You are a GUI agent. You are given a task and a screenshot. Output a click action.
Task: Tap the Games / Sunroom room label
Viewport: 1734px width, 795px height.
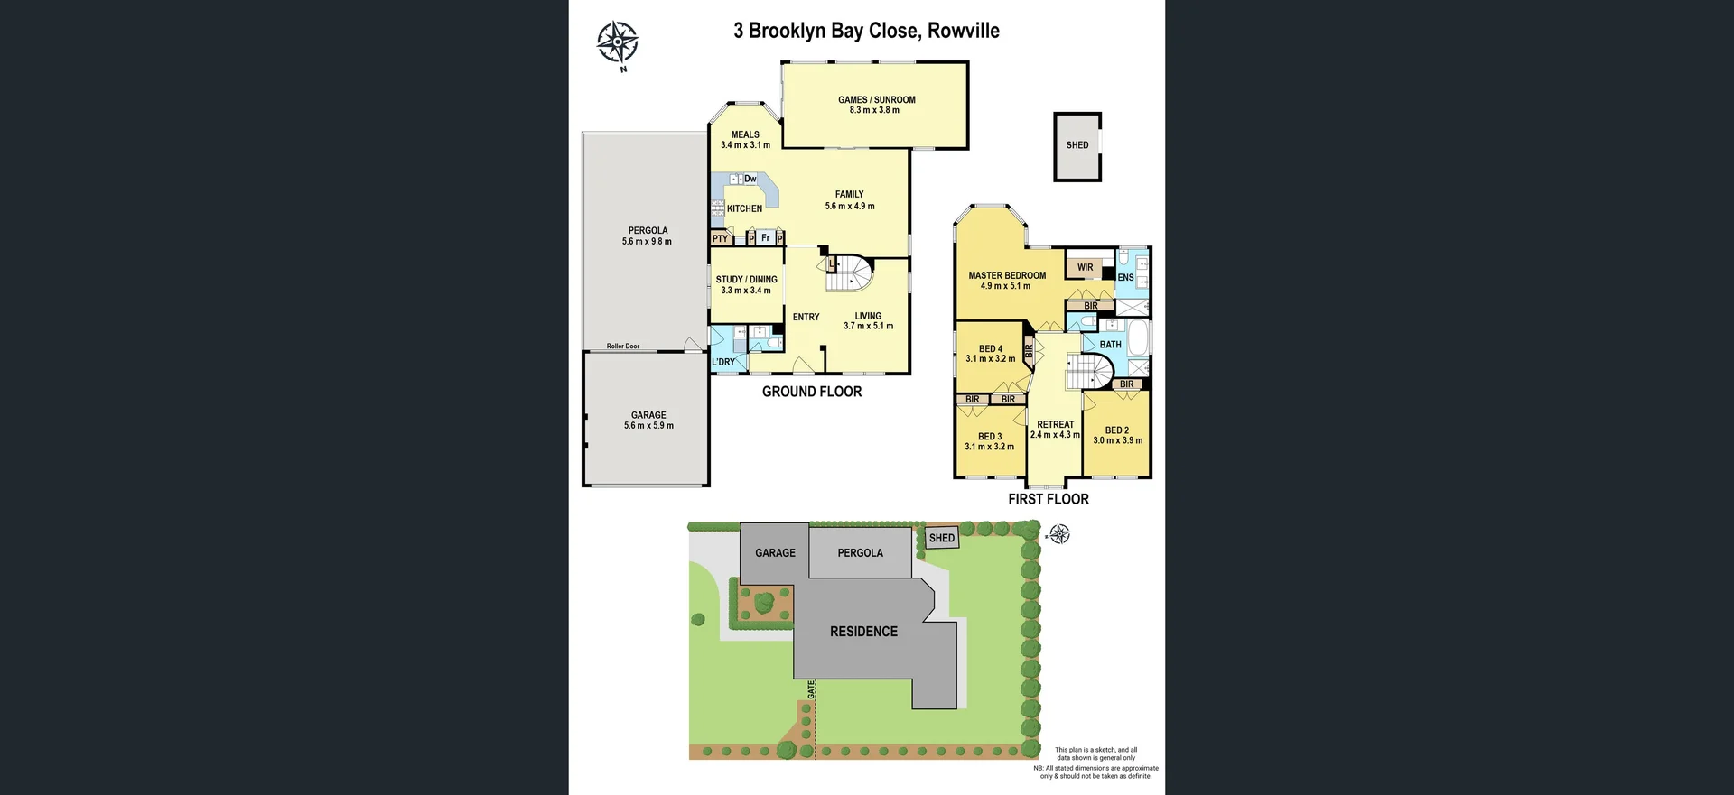point(876,100)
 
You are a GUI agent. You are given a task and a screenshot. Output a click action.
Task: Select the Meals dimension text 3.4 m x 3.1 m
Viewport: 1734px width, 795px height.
point(746,145)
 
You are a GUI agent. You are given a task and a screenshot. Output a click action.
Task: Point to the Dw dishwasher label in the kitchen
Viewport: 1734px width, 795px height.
point(750,179)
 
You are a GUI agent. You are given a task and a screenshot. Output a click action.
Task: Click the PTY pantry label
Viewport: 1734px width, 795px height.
point(720,239)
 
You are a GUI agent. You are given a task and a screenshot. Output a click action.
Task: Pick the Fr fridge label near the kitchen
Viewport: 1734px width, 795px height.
point(766,238)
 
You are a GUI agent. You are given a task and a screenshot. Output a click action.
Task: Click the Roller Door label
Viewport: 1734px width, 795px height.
point(623,347)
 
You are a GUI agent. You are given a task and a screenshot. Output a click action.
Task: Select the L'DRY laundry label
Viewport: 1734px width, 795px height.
point(723,362)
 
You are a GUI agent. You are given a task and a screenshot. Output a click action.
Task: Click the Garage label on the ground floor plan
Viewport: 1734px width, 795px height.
point(648,415)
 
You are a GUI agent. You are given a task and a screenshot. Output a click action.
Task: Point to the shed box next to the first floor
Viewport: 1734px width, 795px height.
point(1077,146)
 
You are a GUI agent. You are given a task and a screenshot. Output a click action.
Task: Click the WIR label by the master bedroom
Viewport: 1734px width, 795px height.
point(1085,267)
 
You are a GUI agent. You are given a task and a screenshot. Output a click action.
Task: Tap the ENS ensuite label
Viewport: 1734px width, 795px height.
point(1125,278)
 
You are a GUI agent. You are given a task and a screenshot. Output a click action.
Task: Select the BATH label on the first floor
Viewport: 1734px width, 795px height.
point(1110,345)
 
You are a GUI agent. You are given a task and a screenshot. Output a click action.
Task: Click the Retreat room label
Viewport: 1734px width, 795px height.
point(1056,424)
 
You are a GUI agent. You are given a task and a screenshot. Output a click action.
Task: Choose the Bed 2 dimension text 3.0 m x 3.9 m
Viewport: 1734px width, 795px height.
point(1118,440)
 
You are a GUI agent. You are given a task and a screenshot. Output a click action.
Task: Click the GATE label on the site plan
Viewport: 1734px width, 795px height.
point(812,689)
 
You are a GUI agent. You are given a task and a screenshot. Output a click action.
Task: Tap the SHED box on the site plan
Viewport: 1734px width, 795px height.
point(942,538)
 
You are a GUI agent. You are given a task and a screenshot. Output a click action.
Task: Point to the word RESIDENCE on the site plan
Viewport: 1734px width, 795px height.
point(864,632)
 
